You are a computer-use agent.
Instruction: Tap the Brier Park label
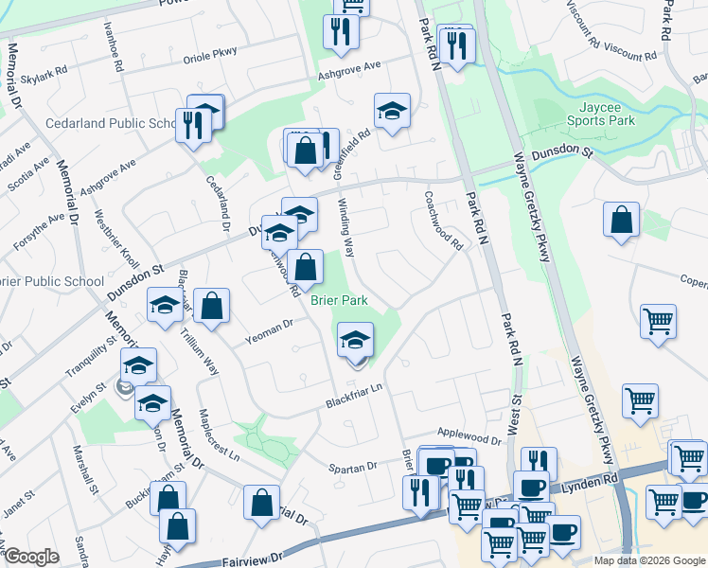[x=338, y=300]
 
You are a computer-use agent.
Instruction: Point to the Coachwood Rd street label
[x=443, y=222]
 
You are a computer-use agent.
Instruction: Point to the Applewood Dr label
[x=469, y=440]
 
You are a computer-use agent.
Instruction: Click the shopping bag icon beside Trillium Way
[x=213, y=307]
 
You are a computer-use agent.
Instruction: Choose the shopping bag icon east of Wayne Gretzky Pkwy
[x=621, y=221]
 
